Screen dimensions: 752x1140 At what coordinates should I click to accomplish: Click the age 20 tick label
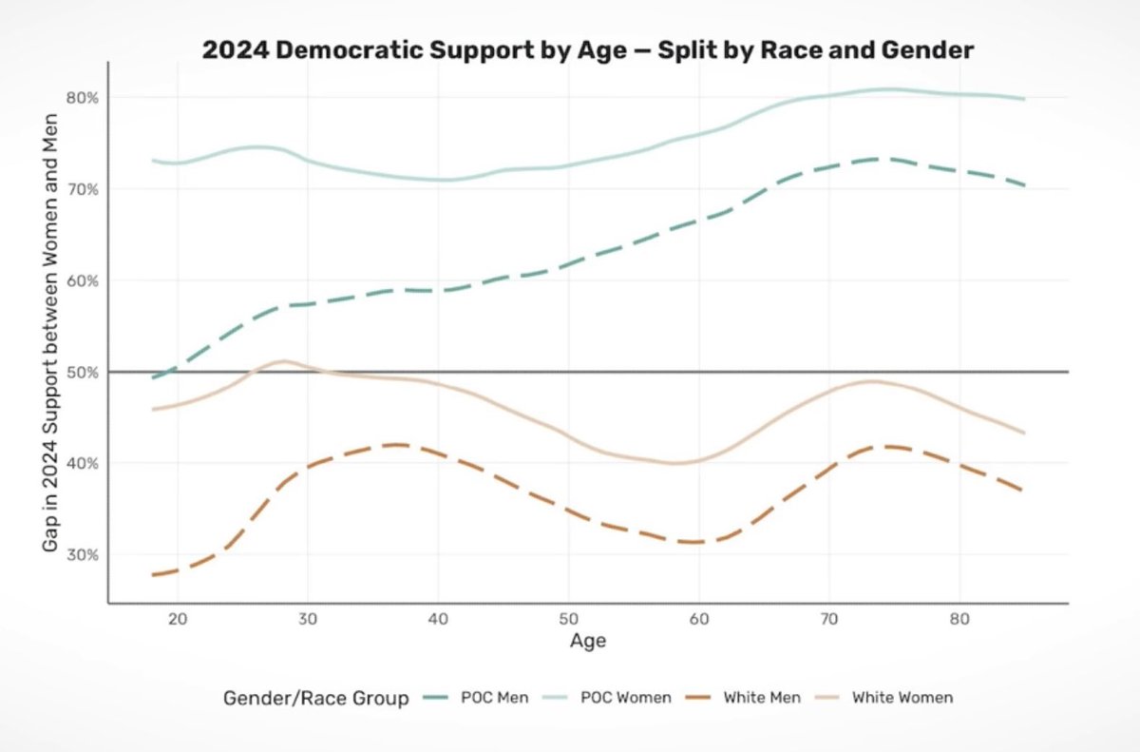click(177, 618)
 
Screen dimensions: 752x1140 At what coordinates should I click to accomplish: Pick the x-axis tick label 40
click(438, 618)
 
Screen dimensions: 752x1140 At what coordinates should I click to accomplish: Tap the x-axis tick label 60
click(698, 618)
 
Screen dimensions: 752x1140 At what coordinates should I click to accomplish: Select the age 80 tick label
click(959, 618)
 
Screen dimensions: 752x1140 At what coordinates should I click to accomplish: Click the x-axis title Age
click(588, 641)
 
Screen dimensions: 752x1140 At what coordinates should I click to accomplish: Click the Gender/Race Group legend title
click(316, 698)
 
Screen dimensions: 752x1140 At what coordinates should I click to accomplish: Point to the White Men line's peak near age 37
click(397, 444)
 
